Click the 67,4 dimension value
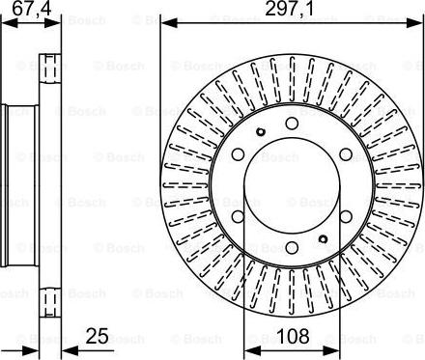[x=31, y=9]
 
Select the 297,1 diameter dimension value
[x=289, y=9]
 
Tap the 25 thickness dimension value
[x=97, y=337]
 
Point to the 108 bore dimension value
[x=293, y=337]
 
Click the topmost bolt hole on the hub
[x=292, y=123]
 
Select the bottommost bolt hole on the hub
[x=292, y=247]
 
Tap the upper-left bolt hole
[x=238, y=154]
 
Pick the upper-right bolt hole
[x=346, y=154]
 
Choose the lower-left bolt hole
[x=238, y=216]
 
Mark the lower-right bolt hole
[x=346, y=216]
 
